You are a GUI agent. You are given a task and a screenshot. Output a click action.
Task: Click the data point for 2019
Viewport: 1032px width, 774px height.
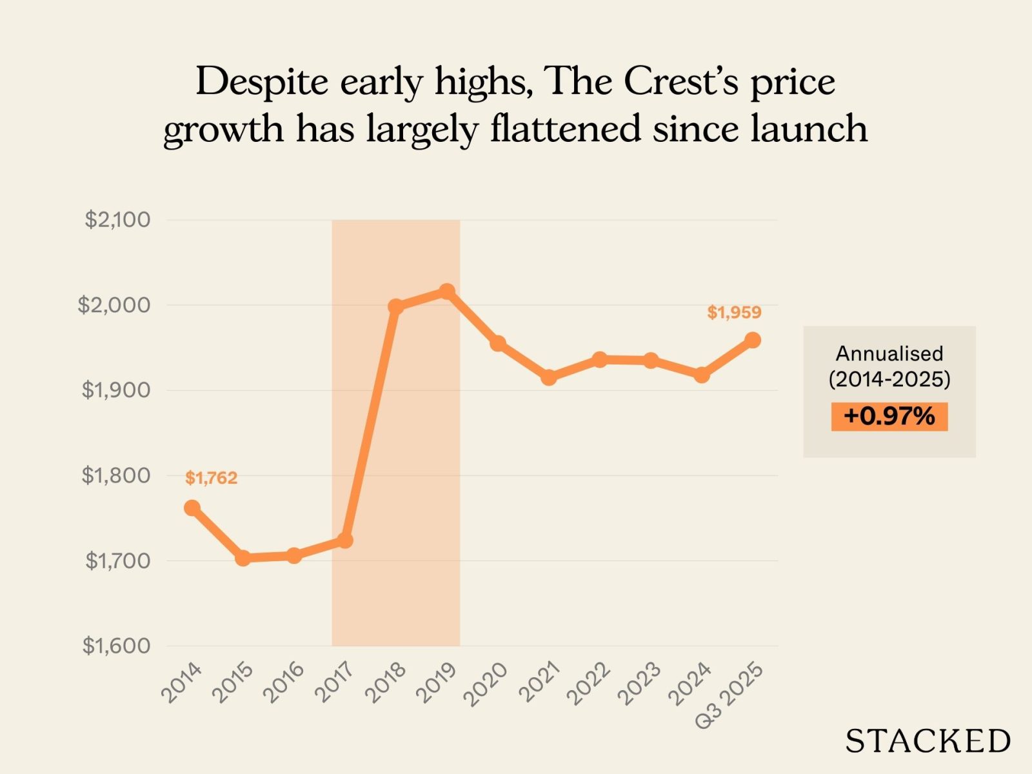[x=446, y=292]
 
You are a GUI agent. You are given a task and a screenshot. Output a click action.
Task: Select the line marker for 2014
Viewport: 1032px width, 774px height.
[x=192, y=508]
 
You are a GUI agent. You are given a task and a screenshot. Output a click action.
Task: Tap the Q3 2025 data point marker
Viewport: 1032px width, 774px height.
[x=752, y=340]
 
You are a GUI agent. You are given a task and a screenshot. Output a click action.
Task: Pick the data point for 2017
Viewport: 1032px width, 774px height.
[x=345, y=540]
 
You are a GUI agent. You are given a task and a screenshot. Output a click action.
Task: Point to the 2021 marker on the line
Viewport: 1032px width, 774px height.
[x=548, y=377]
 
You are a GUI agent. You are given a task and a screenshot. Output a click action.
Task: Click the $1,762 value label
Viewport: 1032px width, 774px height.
[x=211, y=478]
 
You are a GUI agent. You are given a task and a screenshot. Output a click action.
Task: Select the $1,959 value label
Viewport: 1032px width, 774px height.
[x=734, y=313]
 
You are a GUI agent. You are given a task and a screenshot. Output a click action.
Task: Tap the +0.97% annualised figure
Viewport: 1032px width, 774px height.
[x=889, y=416]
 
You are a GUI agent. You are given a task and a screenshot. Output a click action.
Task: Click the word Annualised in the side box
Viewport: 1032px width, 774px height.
[x=889, y=353]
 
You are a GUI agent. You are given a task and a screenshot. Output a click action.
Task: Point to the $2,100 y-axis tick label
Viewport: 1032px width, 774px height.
[x=117, y=220]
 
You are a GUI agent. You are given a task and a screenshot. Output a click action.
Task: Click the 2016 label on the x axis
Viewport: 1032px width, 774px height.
[x=284, y=682]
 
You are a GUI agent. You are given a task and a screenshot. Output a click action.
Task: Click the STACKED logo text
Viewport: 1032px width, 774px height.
[x=928, y=740]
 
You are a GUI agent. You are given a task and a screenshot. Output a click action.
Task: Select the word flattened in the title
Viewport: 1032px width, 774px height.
[x=565, y=128]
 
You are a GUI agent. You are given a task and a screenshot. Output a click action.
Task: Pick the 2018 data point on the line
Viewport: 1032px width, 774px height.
[x=396, y=306]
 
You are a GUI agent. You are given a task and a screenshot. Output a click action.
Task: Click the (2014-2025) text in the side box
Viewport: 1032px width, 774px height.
[x=889, y=379]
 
